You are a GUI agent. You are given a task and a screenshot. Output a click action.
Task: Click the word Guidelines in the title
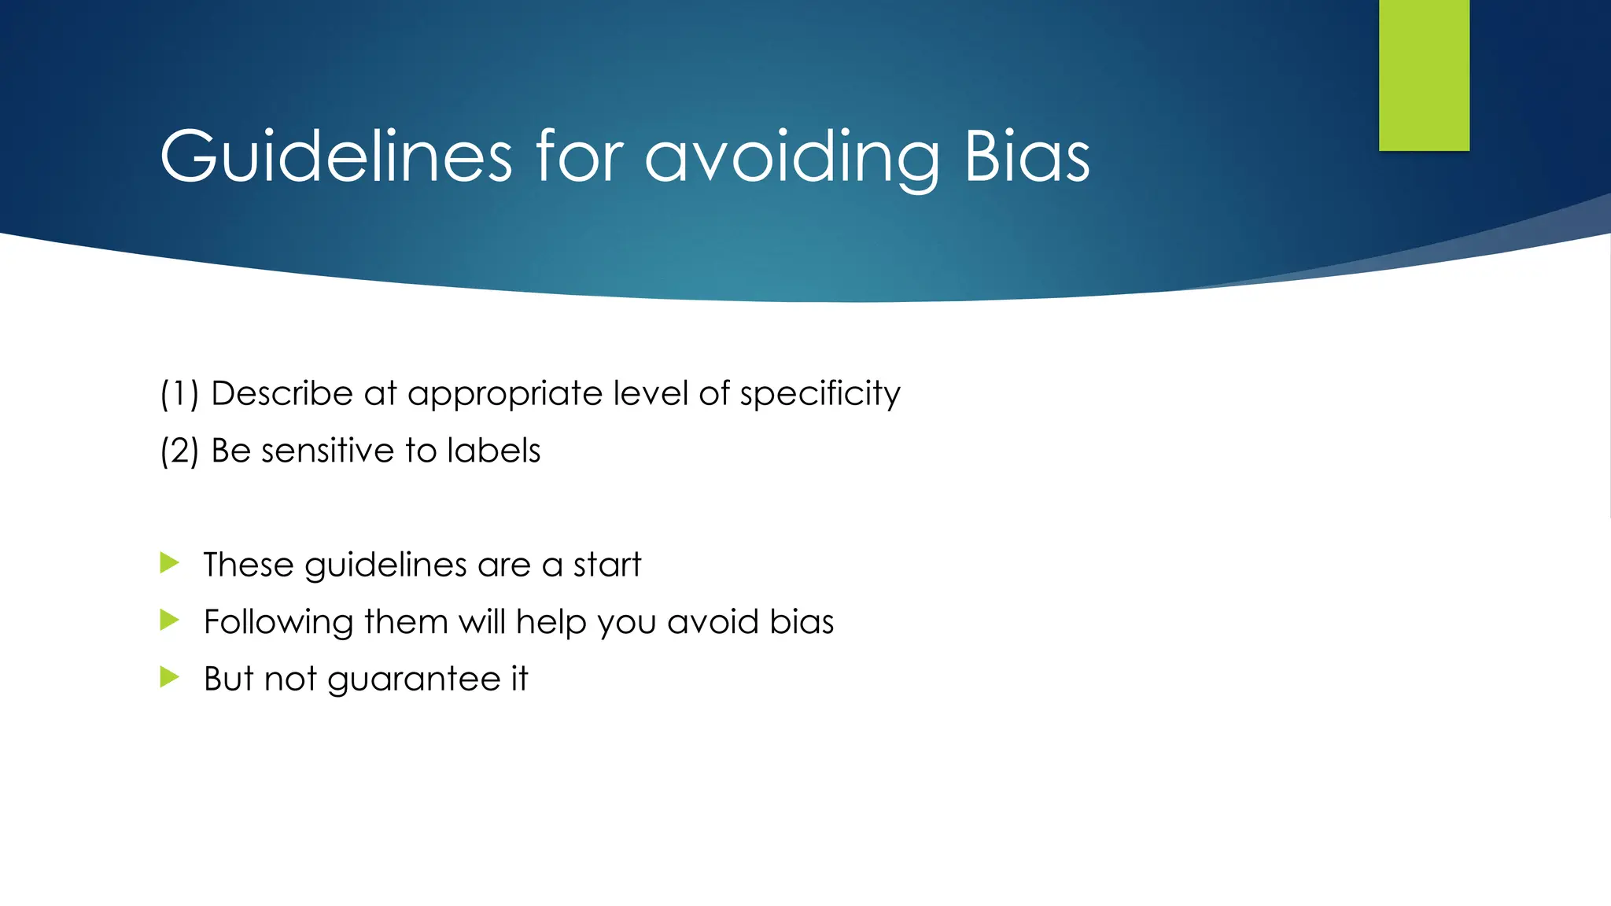(336, 157)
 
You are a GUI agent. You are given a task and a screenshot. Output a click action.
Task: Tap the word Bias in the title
(1027, 157)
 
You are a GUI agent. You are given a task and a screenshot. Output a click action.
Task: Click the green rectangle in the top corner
(1424, 75)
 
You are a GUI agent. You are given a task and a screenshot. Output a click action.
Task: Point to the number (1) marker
(179, 393)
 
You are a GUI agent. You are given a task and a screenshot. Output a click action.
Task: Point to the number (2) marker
(179, 451)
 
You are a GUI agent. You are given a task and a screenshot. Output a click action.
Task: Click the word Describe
(282, 393)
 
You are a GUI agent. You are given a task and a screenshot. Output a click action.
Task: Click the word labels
(493, 451)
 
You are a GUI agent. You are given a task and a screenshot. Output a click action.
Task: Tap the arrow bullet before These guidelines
(170, 563)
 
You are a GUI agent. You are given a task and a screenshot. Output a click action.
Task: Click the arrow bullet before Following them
(170, 621)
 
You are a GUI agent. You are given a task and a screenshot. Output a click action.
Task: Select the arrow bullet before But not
(170, 677)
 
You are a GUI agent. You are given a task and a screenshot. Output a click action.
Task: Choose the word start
(606, 565)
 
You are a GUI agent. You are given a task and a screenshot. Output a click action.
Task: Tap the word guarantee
(414, 679)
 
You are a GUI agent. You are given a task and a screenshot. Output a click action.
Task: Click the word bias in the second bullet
(802, 622)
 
